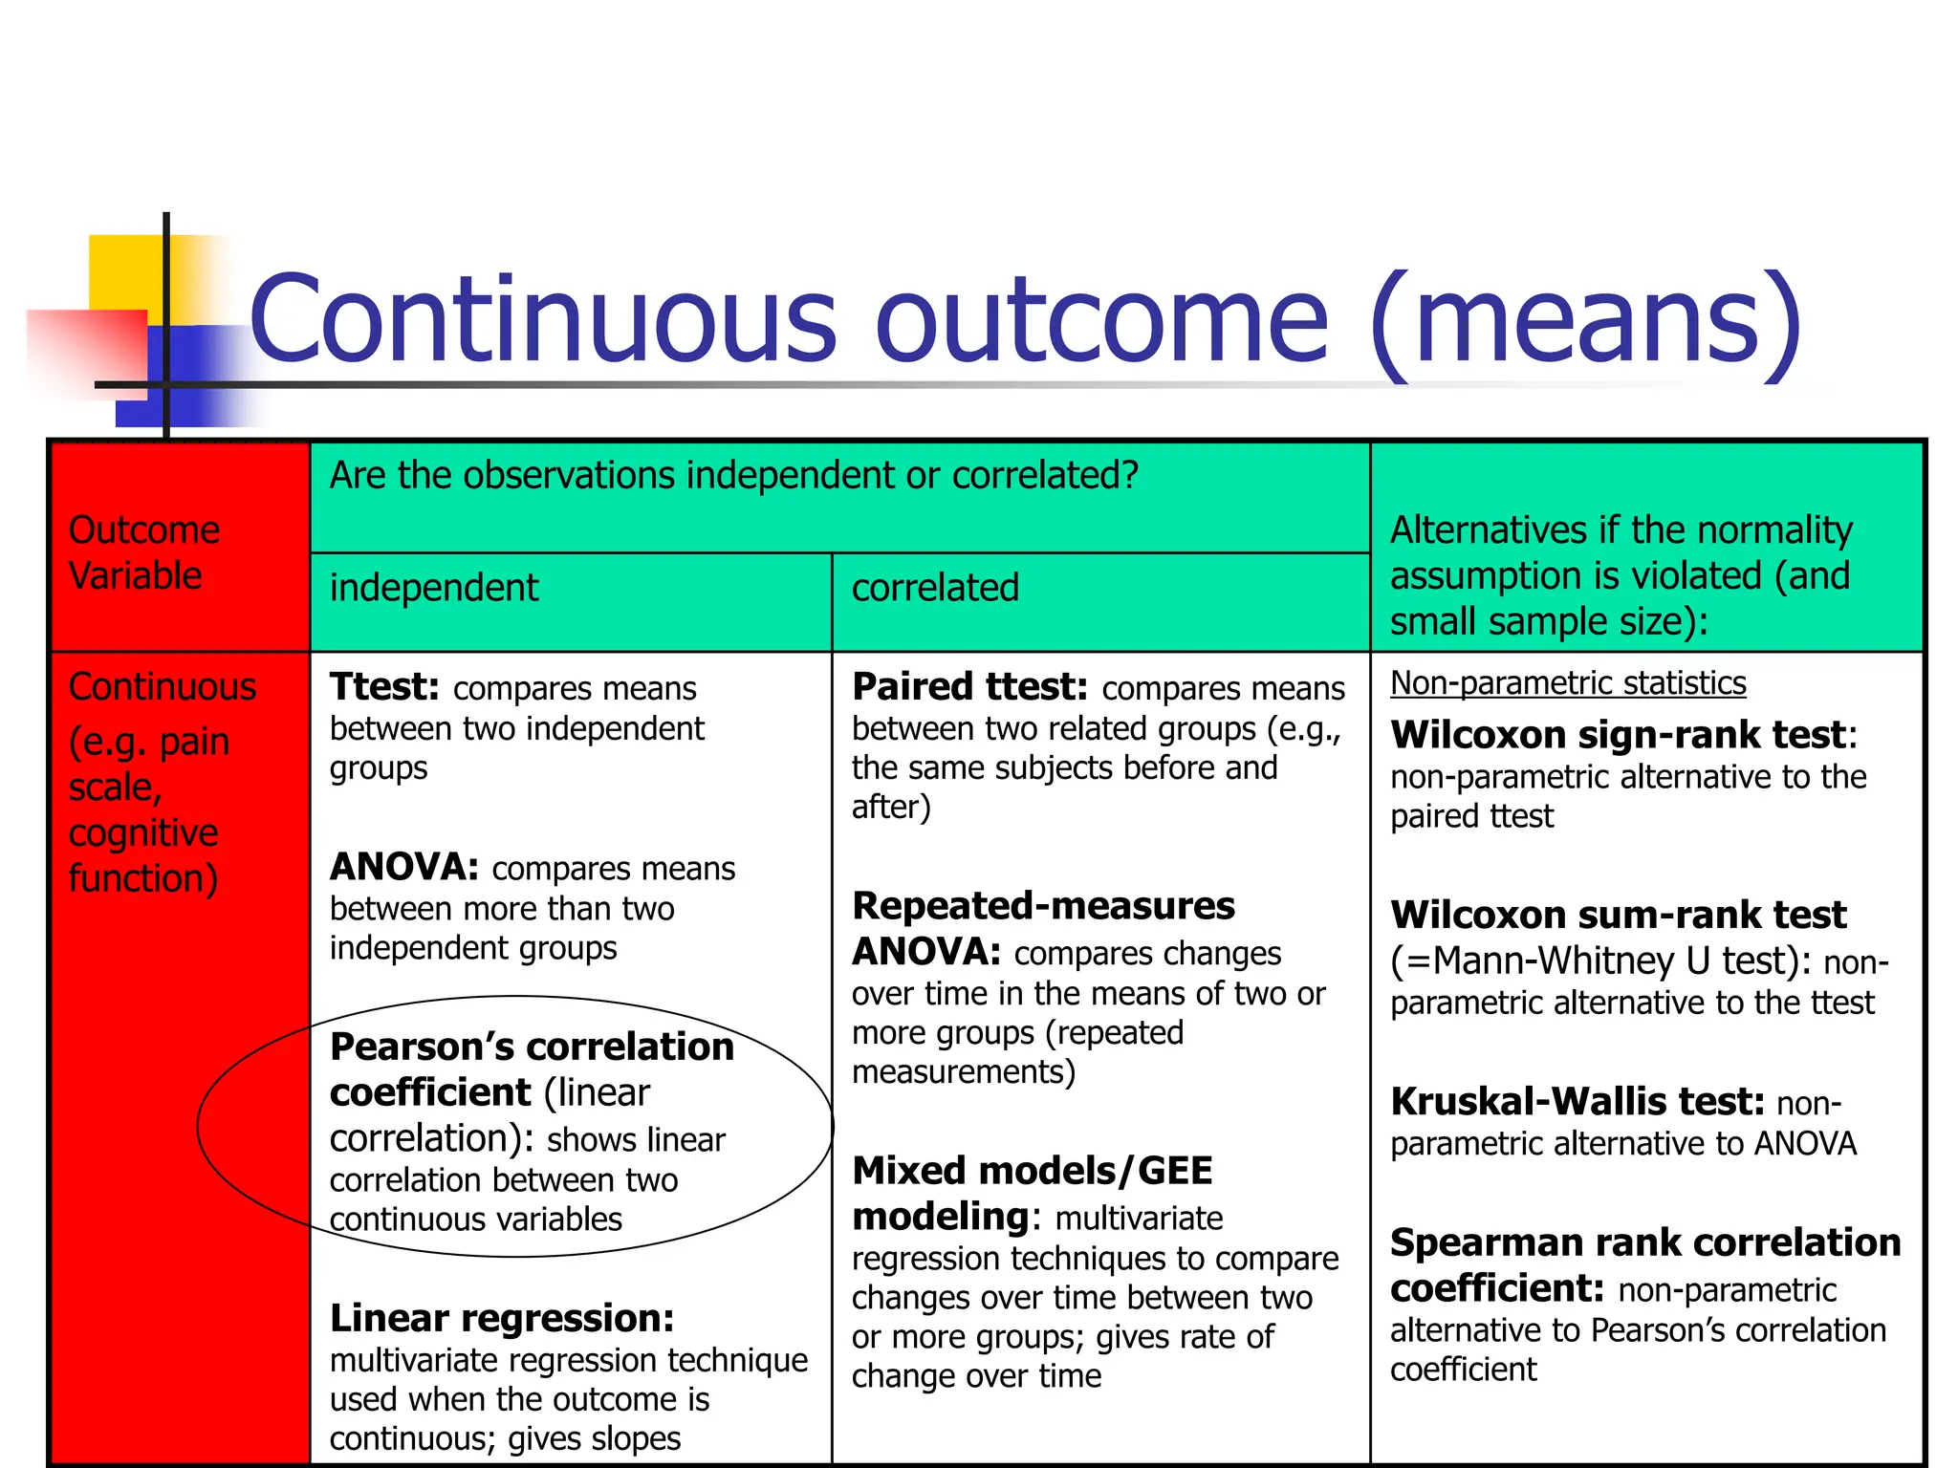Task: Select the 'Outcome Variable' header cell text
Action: click(143, 552)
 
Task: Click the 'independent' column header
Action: click(434, 588)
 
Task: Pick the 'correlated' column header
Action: click(935, 588)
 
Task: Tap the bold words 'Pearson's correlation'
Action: click(532, 1047)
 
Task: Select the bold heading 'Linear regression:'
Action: click(502, 1318)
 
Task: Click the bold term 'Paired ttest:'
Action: click(969, 687)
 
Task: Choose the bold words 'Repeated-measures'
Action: click(1043, 905)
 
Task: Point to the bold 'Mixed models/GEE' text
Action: click(1032, 1171)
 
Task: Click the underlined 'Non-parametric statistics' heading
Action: click(1568, 683)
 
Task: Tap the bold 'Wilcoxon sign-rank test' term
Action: click(1618, 735)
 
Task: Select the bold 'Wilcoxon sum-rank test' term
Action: click(1618, 915)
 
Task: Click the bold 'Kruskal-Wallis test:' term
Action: click(1577, 1102)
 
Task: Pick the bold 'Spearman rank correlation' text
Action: click(1644, 1242)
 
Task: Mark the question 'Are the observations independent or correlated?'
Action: click(734, 475)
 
